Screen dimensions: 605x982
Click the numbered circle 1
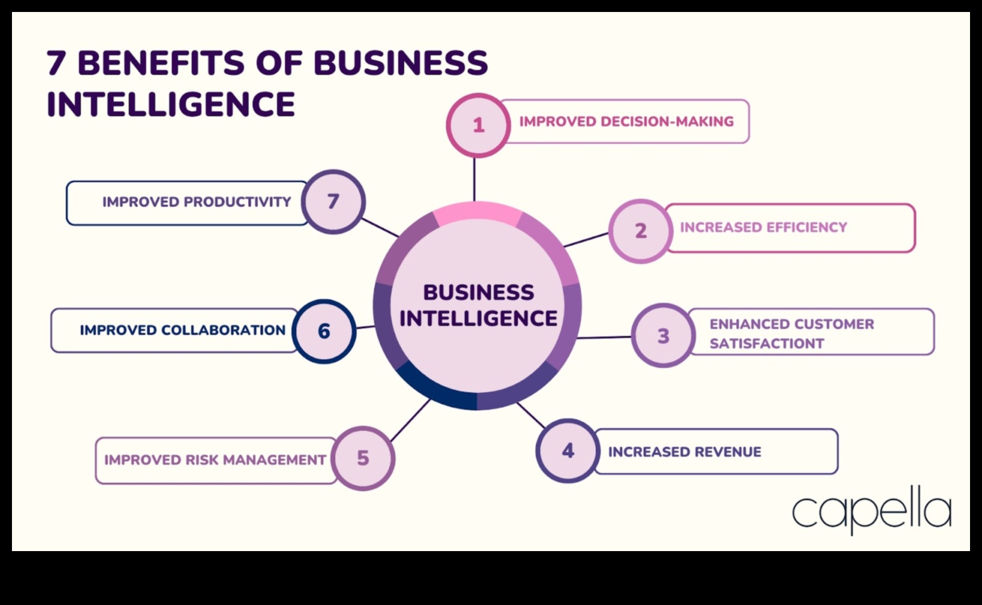point(478,125)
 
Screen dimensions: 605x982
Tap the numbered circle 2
point(641,231)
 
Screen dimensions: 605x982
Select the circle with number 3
point(663,335)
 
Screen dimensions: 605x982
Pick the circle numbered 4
point(568,450)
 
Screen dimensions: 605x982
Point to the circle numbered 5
point(363,458)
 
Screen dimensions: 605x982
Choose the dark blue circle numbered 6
point(324,331)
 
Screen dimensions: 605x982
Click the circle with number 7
point(333,201)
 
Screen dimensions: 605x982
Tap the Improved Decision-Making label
point(626,122)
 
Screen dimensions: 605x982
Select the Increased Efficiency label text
point(763,228)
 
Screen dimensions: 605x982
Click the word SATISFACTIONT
point(767,344)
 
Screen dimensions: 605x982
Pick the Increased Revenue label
point(684,452)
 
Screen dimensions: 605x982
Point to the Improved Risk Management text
point(215,460)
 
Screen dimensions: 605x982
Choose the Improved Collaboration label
point(183,330)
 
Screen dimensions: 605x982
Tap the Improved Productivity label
point(196,202)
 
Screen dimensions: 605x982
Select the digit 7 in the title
point(56,63)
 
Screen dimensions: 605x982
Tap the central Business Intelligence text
point(478,305)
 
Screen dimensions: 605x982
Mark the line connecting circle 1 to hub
point(475,179)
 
